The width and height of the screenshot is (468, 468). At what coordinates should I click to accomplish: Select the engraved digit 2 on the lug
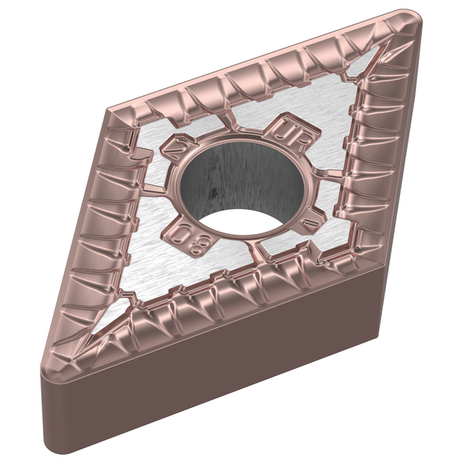tap(172, 145)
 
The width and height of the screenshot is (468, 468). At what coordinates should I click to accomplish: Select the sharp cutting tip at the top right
tap(411, 19)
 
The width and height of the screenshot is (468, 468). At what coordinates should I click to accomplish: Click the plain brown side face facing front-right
tap(234, 374)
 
